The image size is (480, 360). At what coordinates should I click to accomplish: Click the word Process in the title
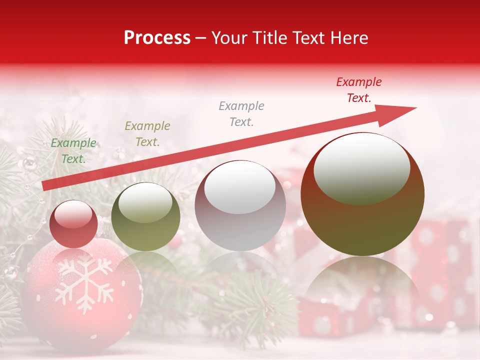(x=157, y=38)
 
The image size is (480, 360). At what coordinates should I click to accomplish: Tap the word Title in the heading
(x=270, y=38)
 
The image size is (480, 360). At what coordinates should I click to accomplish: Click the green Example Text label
(x=73, y=151)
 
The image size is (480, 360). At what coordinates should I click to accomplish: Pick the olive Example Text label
(x=147, y=134)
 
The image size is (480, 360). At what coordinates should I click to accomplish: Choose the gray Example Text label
(x=241, y=113)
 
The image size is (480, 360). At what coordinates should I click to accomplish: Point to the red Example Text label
(x=358, y=90)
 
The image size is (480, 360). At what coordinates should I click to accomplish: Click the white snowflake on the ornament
(x=83, y=282)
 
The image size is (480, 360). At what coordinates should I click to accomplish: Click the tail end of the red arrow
(x=43, y=186)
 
